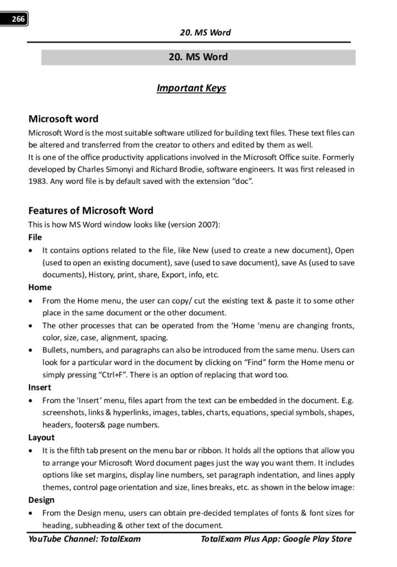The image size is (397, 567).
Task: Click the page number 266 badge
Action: pyautogui.click(x=18, y=19)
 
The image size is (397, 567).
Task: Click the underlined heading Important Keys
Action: pyautogui.click(x=191, y=88)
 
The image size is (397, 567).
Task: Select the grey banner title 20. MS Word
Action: pyautogui.click(x=198, y=57)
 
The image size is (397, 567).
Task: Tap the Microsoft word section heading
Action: pyautogui.click(x=63, y=118)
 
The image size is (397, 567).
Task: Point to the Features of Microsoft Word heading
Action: pyautogui.click(x=91, y=210)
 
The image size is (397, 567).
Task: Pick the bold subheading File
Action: pyautogui.click(x=35, y=237)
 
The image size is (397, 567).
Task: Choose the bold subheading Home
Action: pyautogui.click(x=40, y=287)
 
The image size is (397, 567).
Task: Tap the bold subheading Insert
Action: pyautogui.click(x=40, y=388)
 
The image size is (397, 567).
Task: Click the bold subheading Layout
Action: pyautogui.click(x=42, y=437)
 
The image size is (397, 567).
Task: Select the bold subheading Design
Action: pyautogui.click(x=42, y=500)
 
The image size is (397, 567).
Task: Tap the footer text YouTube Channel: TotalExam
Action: pyautogui.click(x=84, y=539)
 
